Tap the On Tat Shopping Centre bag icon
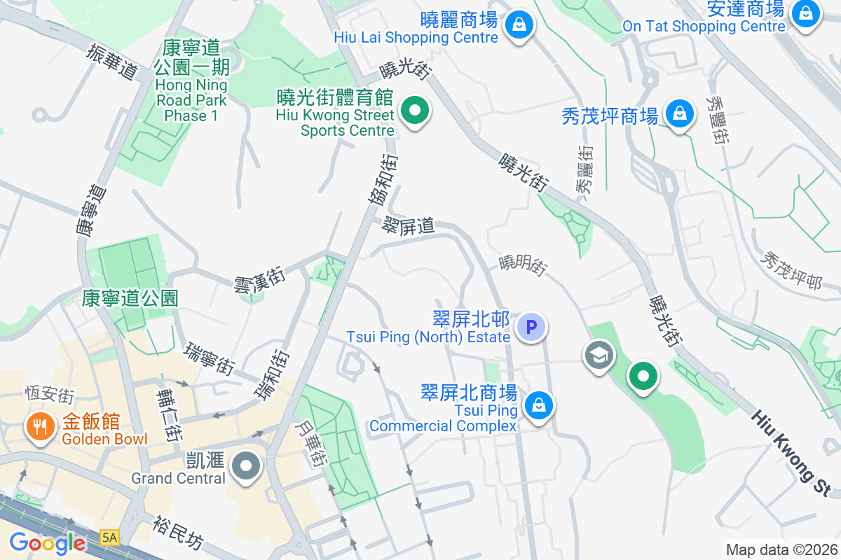[805, 13]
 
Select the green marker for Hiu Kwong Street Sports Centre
[415, 111]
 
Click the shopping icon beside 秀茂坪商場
[678, 113]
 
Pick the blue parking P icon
[531, 327]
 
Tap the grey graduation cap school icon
[599, 356]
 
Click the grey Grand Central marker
[246, 465]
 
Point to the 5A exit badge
[110, 538]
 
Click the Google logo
[47, 542]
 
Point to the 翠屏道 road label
[409, 225]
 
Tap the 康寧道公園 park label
[130, 298]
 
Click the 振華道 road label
[111, 62]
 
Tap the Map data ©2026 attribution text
[781, 549]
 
